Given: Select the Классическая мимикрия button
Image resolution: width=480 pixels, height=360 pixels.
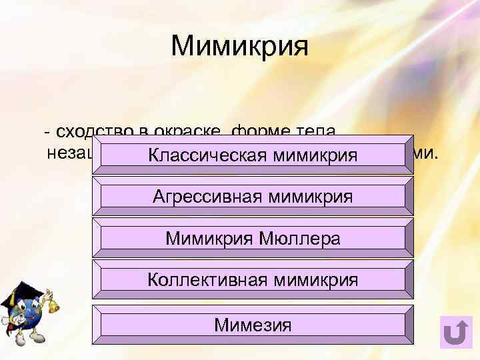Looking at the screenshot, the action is (x=253, y=155).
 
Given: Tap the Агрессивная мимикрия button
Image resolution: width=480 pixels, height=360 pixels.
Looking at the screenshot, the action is (x=253, y=197).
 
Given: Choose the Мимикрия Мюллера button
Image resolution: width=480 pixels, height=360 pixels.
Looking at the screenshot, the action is (x=253, y=238).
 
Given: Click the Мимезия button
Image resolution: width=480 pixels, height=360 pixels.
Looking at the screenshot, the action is (x=253, y=325).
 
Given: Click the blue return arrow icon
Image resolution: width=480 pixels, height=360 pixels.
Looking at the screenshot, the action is (x=456, y=331).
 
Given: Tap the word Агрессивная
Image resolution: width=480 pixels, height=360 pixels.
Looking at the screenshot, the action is (x=207, y=197).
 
